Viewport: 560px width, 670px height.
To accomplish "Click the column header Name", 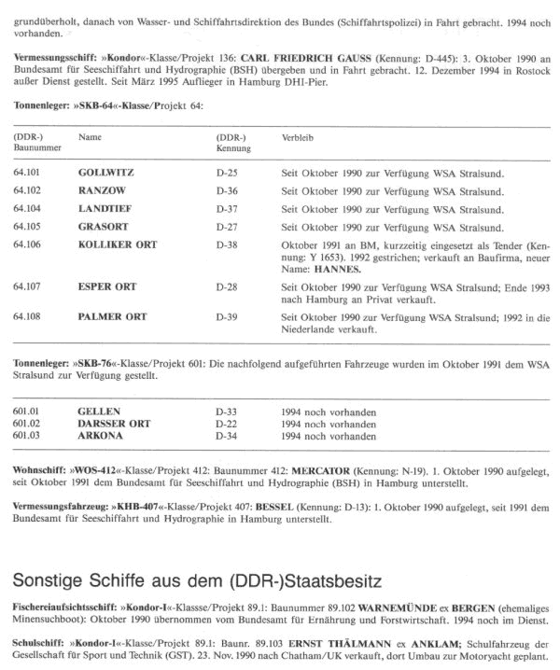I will tap(91, 138).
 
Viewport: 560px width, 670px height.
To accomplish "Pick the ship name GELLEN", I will tap(100, 411).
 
